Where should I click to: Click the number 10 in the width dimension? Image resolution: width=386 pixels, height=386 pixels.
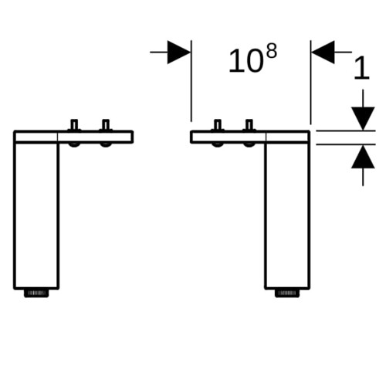pyautogui.click(x=246, y=61)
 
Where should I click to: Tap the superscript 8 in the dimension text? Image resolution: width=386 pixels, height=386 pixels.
pyautogui.click(x=272, y=51)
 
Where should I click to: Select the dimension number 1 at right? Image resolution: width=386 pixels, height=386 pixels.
pyautogui.click(x=362, y=68)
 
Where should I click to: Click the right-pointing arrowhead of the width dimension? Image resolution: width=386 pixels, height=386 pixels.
pyautogui.click(x=179, y=52)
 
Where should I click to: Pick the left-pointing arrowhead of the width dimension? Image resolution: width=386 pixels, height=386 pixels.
pyautogui.click(x=323, y=52)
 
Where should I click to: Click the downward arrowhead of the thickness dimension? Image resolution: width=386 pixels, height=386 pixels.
pyautogui.click(x=363, y=119)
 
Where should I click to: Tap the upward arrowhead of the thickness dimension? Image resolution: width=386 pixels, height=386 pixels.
pyautogui.click(x=363, y=157)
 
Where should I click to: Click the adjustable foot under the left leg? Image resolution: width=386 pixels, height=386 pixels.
pyautogui.click(x=36, y=293)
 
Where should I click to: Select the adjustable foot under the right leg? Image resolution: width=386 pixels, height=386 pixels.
pyautogui.click(x=287, y=293)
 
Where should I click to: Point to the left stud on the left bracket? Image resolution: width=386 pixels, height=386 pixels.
pyautogui.click(x=74, y=125)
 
